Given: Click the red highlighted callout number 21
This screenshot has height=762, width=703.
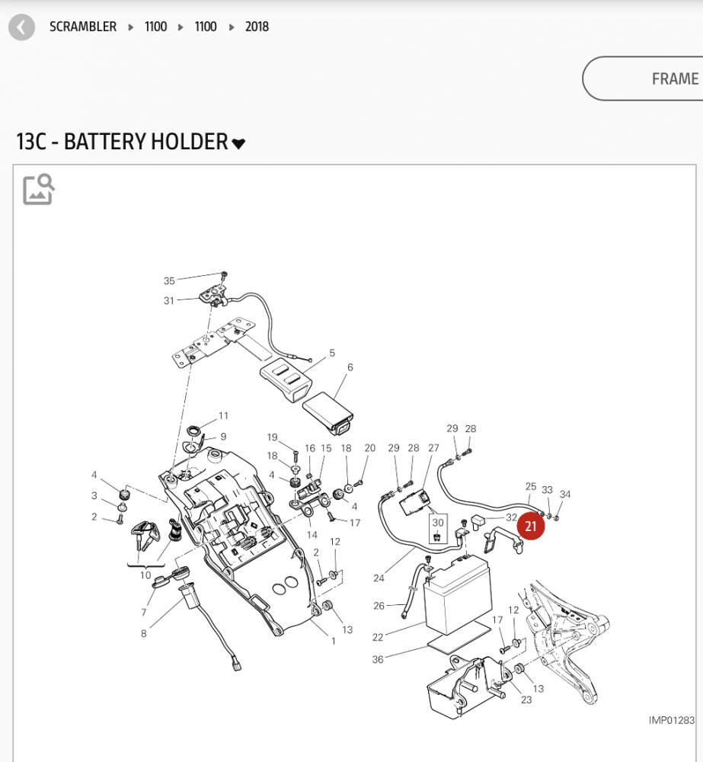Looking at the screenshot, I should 531,526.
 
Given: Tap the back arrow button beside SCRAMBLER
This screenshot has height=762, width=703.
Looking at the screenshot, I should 21,28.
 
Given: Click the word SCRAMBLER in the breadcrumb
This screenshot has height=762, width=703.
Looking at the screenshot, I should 83,27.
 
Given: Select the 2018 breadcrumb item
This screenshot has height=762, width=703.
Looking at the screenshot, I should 257,27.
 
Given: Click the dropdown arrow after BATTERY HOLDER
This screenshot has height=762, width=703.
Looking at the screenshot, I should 238,143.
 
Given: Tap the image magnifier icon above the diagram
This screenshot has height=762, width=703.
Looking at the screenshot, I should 39,190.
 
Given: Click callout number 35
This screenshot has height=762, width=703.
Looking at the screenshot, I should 169,281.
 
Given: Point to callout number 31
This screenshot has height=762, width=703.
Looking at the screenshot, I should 169,300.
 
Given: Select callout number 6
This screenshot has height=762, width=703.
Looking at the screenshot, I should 350,367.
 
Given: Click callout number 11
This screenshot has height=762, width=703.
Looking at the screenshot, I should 223,416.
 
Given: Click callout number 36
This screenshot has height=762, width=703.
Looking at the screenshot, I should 378,659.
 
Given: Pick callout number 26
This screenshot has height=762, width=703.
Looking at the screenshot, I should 379,607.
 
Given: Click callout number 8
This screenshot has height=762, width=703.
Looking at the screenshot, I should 143,632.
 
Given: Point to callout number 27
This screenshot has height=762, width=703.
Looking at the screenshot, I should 433,448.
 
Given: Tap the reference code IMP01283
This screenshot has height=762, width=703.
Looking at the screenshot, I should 671,720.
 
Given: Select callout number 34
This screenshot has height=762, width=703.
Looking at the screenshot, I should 564,495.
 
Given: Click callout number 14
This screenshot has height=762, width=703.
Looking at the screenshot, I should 312,535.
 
